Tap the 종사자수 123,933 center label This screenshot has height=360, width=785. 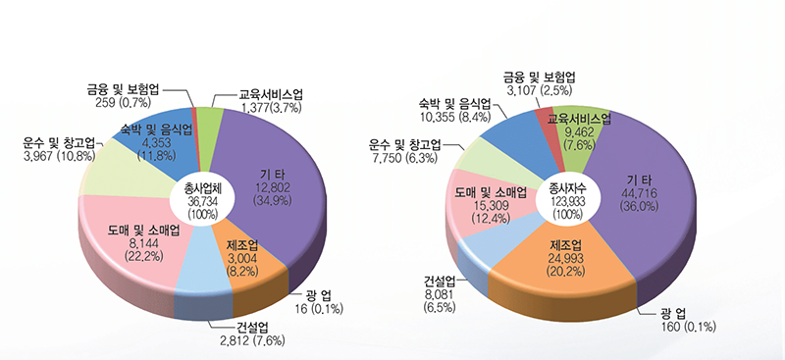pyautogui.click(x=567, y=199)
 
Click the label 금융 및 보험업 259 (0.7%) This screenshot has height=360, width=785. pyautogui.click(x=123, y=94)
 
